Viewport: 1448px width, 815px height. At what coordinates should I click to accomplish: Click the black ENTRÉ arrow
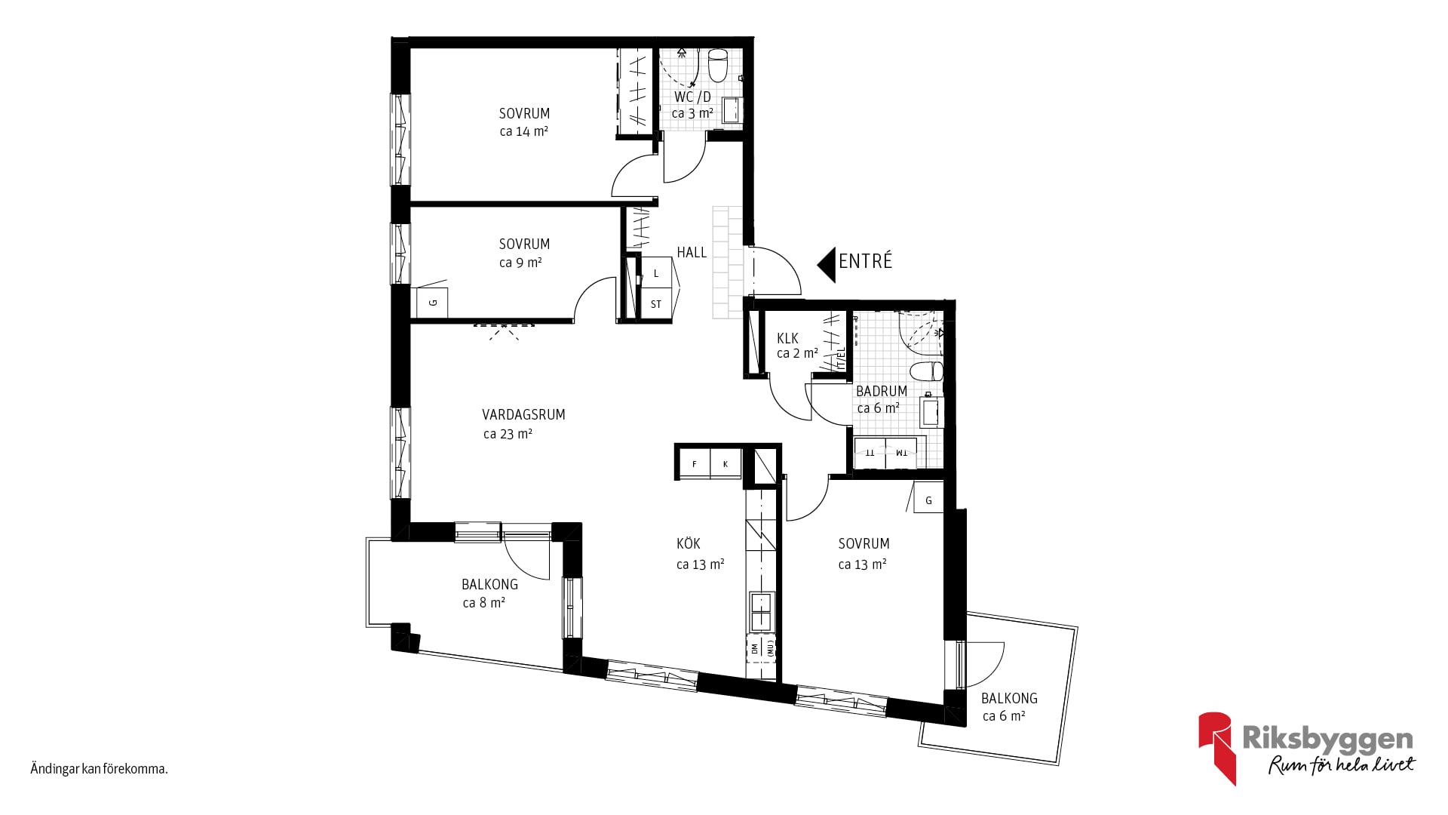[x=828, y=265]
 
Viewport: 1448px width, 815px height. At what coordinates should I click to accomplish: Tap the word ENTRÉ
[x=866, y=261]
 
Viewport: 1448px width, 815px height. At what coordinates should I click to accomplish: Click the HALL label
[x=692, y=252]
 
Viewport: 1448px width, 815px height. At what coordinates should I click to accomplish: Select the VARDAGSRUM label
[x=523, y=414]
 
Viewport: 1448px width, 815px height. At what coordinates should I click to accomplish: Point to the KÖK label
[x=689, y=543]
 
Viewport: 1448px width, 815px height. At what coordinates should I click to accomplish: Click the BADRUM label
[x=882, y=391]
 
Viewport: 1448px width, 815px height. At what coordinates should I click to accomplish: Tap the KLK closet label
[x=787, y=338]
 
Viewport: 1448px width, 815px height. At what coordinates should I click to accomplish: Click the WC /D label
[x=692, y=97]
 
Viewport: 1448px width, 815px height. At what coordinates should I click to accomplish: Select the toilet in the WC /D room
[x=718, y=66]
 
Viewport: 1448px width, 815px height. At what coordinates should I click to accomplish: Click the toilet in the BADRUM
[x=927, y=371]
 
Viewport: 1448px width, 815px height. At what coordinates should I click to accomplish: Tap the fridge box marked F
[x=695, y=464]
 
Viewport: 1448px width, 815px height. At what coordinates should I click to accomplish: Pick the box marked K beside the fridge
[x=726, y=464]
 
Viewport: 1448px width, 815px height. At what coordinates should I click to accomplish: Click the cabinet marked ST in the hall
[x=656, y=304]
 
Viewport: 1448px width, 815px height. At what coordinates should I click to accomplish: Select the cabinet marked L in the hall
[x=656, y=273]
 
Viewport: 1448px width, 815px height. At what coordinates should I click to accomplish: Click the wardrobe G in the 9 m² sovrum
[x=433, y=303]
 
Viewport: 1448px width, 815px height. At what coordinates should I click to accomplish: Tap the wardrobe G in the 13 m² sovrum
[x=928, y=500]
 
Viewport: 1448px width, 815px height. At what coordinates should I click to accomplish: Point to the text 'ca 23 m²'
[x=508, y=434]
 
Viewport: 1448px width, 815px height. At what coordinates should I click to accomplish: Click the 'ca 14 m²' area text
[x=523, y=131]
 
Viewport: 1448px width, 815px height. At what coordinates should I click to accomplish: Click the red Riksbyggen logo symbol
[x=1217, y=747]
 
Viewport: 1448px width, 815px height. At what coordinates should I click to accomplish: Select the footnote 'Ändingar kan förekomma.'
[x=99, y=769]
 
